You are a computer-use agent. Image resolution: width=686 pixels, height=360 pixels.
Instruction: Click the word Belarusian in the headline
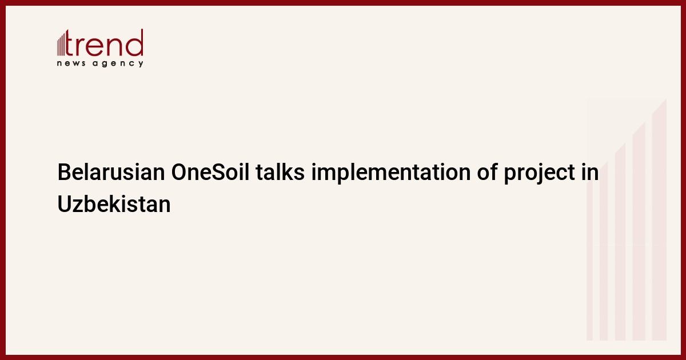(111, 172)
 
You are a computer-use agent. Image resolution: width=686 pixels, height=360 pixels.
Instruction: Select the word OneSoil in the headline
(210, 172)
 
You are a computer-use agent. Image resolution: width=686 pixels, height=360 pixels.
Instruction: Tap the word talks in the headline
(280, 172)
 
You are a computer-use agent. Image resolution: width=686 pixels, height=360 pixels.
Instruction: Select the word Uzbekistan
(114, 204)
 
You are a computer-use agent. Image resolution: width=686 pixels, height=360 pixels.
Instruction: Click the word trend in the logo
(105, 42)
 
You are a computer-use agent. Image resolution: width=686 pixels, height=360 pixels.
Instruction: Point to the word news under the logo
(71, 63)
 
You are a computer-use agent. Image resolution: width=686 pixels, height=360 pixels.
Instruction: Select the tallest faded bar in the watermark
(659, 219)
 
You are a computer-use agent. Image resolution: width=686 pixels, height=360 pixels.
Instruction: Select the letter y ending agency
(141, 64)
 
